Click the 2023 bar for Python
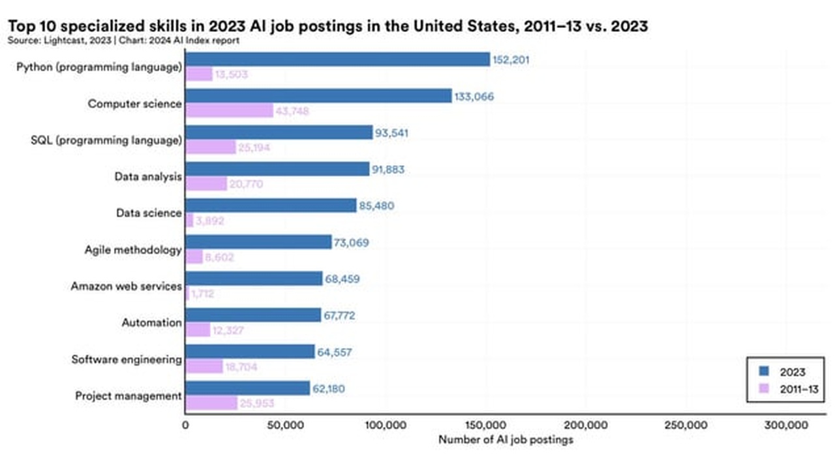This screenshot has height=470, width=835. (337, 59)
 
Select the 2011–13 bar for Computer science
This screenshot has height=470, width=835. (229, 111)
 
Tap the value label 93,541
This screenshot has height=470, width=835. (393, 133)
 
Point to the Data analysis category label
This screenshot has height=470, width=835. (148, 176)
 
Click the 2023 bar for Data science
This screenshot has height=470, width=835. (271, 206)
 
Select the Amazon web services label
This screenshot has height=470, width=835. (126, 286)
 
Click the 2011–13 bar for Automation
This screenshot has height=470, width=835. (198, 331)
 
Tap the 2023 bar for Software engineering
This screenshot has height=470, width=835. (250, 352)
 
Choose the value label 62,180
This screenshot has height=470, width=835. (329, 389)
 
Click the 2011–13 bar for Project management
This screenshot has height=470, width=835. (211, 403)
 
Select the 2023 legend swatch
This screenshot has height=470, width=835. (764, 372)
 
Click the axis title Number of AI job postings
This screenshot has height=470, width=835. (506, 440)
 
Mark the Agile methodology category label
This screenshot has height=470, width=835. (132, 249)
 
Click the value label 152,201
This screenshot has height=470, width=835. (511, 60)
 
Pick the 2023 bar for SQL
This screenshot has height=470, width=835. (279, 133)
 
